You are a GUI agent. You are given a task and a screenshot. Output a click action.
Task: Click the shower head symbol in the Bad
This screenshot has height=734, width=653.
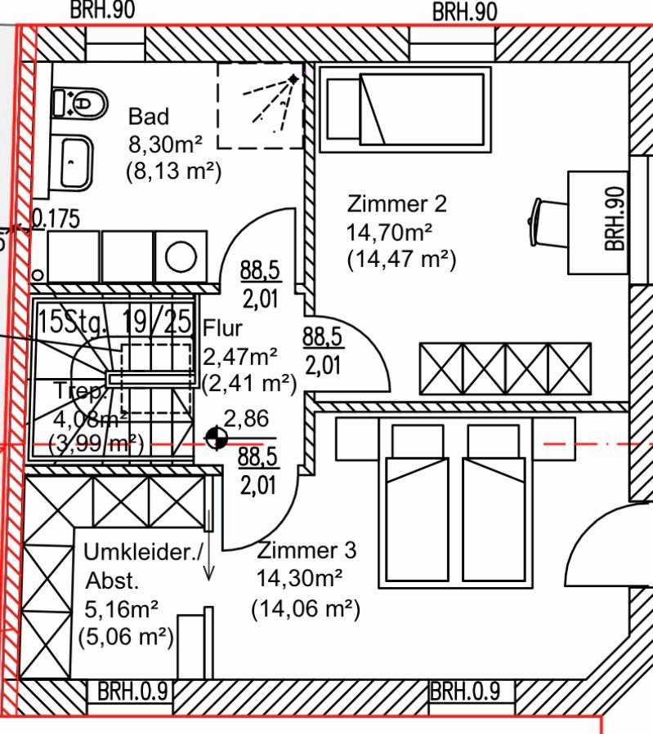[293, 80]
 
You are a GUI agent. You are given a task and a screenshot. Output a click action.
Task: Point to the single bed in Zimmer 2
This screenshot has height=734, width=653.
[405, 109]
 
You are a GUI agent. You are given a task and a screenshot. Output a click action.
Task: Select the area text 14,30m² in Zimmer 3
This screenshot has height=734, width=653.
[299, 579]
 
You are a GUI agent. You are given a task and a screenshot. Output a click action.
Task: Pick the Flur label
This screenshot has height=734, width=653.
[223, 329]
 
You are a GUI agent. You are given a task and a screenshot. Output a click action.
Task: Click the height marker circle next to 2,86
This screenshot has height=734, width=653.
[216, 438]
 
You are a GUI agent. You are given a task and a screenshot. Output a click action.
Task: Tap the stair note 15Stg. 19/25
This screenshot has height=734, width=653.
[114, 320]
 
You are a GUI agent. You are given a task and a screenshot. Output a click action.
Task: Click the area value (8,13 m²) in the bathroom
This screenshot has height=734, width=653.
[173, 172]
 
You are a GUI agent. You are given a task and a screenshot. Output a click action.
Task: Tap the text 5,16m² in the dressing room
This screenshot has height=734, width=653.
[121, 609]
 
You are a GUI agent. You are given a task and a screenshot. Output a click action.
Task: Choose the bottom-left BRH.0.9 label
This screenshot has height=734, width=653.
[132, 692]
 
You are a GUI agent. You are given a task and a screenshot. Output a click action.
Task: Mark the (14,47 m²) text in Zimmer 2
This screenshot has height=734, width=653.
[401, 260]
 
